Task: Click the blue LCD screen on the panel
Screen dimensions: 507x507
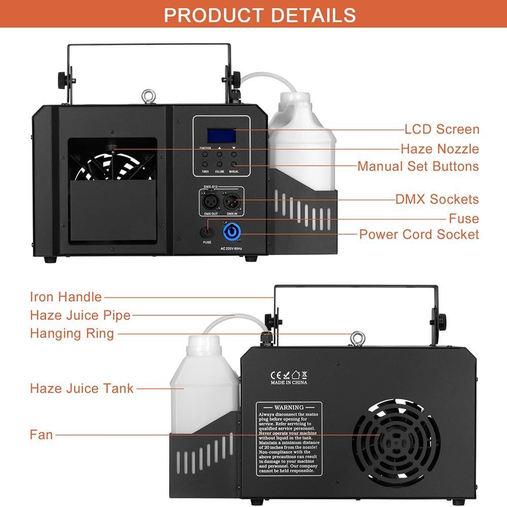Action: pyautogui.click(x=221, y=135)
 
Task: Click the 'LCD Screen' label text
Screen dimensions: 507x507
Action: pyautogui.click(x=442, y=129)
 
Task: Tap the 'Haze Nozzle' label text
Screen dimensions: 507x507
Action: pyautogui.click(x=440, y=149)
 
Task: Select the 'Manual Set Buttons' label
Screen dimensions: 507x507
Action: pyautogui.click(x=418, y=166)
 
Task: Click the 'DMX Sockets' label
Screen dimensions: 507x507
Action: pyautogui.click(x=437, y=199)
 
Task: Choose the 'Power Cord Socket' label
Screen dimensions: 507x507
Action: pyautogui.click(x=419, y=234)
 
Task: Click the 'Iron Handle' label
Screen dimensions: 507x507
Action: pyautogui.click(x=66, y=297)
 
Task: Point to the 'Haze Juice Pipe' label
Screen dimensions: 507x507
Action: pyautogui.click(x=80, y=315)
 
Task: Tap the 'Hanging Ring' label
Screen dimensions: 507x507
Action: pyautogui.click(x=72, y=333)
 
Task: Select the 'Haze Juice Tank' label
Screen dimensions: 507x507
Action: pyautogui.click(x=82, y=388)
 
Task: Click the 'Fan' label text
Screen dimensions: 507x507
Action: pyautogui.click(x=41, y=434)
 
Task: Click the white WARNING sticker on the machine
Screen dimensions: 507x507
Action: pyautogui.click(x=289, y=439)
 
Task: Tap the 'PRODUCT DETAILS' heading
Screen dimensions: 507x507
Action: pyautogui.click(x=260, y=15)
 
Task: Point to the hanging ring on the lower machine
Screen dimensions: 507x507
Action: pyautogui.click(x=358, y=337)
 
